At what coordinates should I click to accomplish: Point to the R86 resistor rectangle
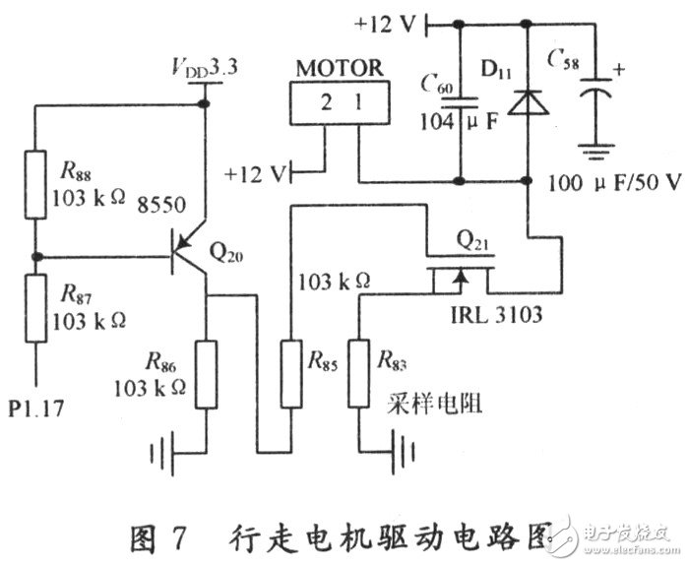click(x=206, y=373)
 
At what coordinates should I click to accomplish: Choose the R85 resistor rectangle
click(x=290, y=373)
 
